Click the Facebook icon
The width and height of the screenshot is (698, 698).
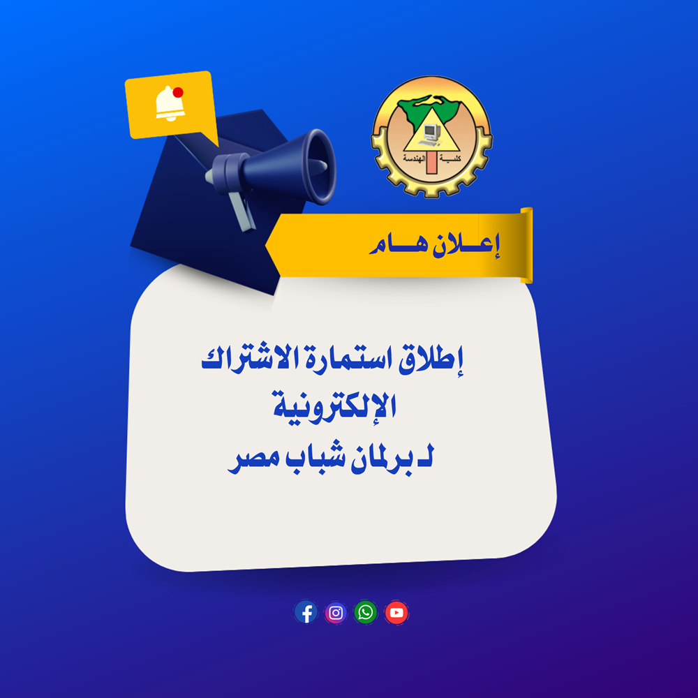click(306, 613)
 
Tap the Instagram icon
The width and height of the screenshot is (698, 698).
click(336, 613)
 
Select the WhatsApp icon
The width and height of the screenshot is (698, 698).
click(366, 613)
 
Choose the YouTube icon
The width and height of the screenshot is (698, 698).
click(396, 613)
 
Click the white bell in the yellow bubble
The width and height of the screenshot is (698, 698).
click(169, 104)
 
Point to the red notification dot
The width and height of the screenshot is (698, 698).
click(178, 92)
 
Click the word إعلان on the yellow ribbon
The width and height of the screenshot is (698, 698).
click(466, 245)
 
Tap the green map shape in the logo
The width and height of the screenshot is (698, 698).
click(429, 109)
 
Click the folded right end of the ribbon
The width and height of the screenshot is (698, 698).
click(526, 245)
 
